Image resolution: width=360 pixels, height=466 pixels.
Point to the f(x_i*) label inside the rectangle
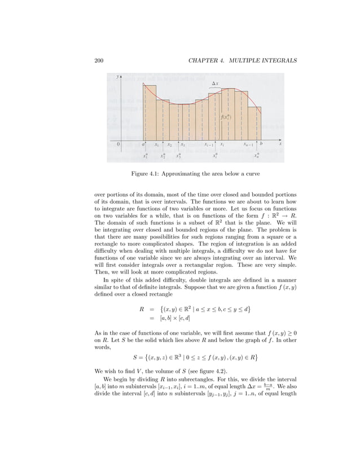(x=225, y=117)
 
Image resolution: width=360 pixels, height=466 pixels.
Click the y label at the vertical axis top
(x=117, y=76)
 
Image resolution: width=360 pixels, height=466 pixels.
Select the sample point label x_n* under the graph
(x=257, y=156)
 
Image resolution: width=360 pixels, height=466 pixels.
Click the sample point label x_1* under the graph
(x=146, y=156)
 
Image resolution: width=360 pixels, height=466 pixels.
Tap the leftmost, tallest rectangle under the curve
(x=150, y=113)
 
